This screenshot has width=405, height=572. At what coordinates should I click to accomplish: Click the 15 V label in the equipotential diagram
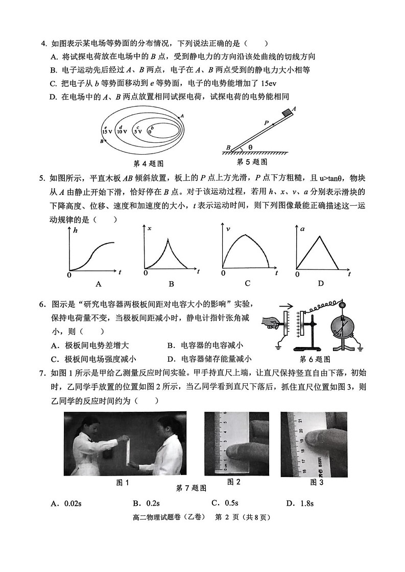click(107, 131)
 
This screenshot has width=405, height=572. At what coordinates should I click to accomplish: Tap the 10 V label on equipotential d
click(122, 131)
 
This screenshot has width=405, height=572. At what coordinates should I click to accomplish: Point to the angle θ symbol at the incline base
click(250, 147)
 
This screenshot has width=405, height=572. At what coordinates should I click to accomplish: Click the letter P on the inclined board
click(266, 123)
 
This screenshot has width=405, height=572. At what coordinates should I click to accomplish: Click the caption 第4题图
click(148, 164)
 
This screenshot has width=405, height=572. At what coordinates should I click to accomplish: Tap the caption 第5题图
click(252, 162)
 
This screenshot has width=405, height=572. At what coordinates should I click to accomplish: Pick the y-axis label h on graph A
click(75, 231)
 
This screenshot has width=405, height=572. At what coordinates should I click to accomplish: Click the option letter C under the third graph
click(247, 283)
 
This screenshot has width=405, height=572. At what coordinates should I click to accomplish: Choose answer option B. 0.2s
click(146, 504)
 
